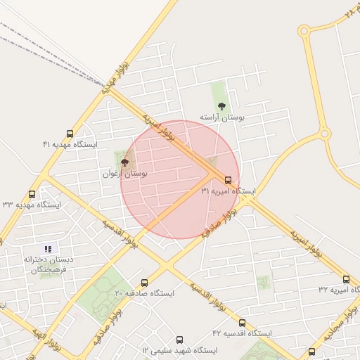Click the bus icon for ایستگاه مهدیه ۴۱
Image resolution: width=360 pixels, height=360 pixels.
point(70,134)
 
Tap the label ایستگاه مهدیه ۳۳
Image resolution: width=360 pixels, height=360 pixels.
point(32,205)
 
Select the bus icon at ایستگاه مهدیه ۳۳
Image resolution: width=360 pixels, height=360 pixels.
point(32,194)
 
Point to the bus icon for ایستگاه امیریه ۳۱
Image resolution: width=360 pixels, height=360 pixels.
point(229,181)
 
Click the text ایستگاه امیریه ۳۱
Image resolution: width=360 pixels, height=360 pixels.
point(228,191)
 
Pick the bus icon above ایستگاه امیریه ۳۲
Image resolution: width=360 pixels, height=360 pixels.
point(346,279)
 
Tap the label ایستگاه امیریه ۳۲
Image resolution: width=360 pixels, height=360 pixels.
point(338,290)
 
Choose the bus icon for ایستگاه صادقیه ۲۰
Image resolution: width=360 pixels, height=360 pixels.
point(136,282)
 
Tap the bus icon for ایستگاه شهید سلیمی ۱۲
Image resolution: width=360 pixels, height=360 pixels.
point(179,340)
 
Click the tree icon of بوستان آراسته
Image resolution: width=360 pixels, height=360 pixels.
point(221,107)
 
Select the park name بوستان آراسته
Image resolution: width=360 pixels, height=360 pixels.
point(221,117)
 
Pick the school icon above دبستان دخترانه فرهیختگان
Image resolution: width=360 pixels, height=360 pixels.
point(48,249)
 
